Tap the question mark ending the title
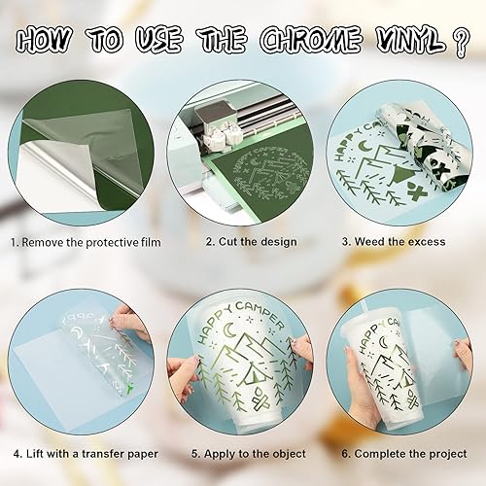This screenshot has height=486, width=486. pos(461,42)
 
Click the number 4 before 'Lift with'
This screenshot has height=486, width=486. pos(17,453)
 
